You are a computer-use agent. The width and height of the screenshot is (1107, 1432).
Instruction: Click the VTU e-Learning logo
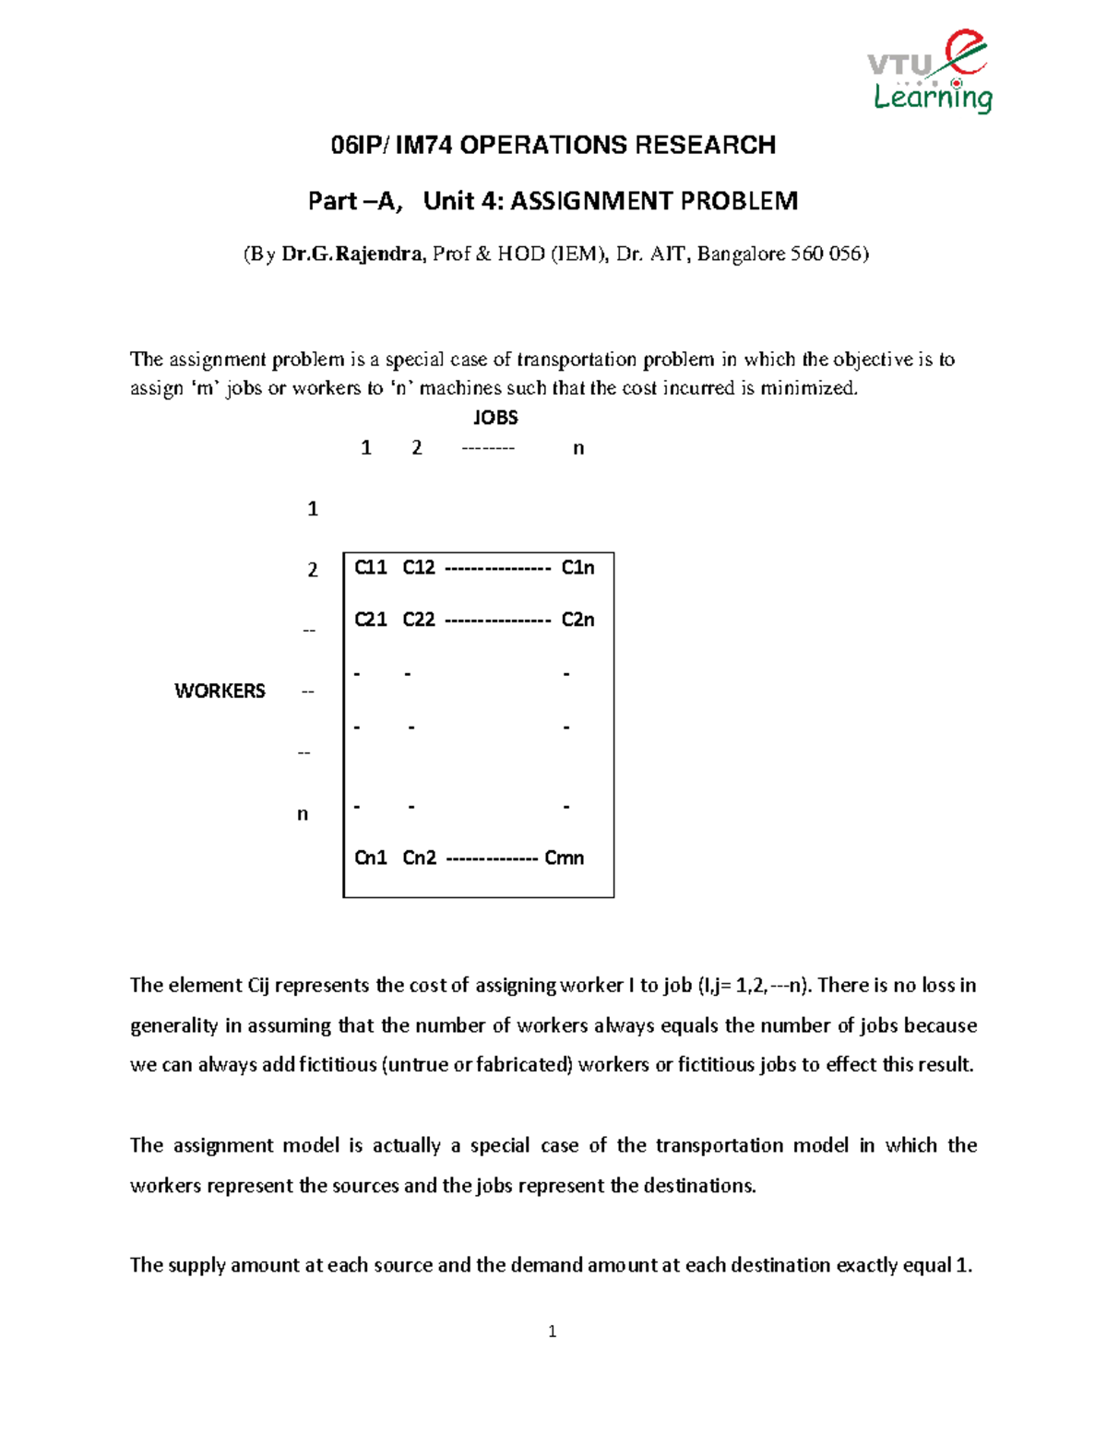930,72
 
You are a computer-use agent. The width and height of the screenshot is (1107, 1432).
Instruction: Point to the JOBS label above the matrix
495,418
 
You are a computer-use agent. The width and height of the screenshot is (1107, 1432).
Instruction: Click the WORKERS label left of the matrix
220,691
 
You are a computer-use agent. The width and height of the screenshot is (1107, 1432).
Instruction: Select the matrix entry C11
371,568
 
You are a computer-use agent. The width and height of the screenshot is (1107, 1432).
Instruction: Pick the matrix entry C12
419,568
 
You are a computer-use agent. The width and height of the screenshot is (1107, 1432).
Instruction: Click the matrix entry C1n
578,568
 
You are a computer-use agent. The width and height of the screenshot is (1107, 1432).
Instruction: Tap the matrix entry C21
371,620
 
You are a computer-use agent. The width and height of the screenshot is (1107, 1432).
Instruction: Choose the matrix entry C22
419,620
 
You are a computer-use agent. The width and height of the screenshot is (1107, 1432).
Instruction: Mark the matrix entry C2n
578,620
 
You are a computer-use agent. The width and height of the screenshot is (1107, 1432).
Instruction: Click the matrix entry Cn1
371,858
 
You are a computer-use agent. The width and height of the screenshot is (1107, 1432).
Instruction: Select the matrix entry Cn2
419,858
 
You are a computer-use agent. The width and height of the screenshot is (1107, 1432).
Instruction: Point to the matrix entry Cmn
565,858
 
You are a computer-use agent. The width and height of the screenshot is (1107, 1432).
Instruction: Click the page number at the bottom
552,1331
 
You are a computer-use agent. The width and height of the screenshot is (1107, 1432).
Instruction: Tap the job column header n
578,448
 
